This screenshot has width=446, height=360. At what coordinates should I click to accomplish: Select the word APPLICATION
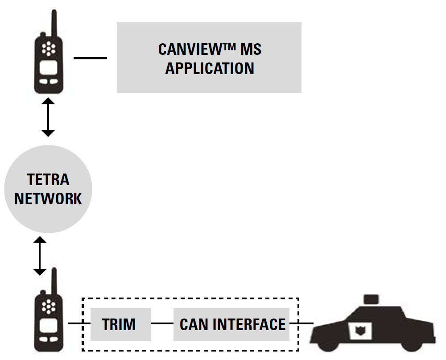(x=210, y=68)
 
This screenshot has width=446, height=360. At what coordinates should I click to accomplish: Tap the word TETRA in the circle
(x=48, y=179)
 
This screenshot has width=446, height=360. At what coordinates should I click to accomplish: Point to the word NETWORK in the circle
(x=48, y=198)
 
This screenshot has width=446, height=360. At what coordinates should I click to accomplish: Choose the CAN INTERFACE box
(x=231, y=324)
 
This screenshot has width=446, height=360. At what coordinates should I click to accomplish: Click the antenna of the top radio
(x=54, y=22)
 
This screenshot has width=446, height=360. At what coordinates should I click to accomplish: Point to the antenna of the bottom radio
(x=54, y=281)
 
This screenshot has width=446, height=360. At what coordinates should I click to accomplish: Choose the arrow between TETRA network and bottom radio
(x=40, y=256)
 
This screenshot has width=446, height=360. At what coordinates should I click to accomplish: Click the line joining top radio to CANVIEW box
(x=90, y=58)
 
